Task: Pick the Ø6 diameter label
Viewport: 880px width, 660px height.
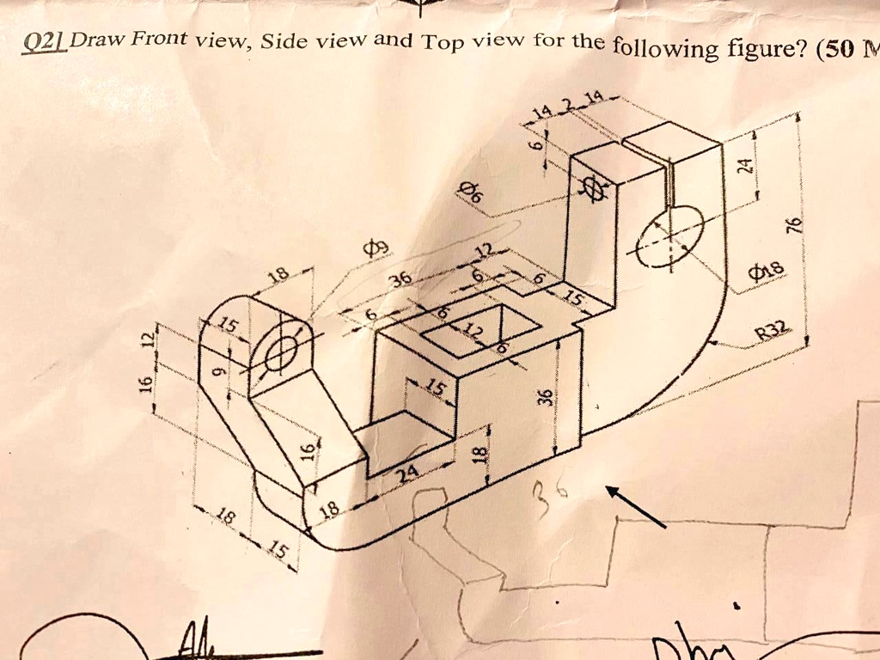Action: [471, 192]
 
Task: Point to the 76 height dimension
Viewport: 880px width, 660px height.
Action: [795, 225]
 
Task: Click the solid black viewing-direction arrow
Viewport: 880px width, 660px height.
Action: [636, 506]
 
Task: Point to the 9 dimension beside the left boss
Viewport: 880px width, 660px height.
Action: [217, 372]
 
